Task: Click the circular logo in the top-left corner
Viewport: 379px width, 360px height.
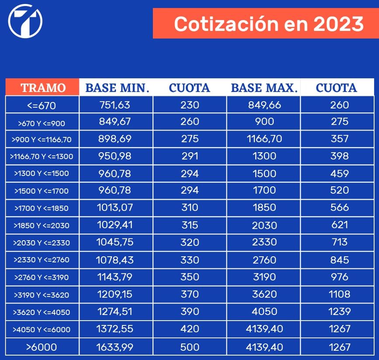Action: tap(25, 21)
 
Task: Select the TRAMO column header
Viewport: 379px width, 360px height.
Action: tap(43, 87)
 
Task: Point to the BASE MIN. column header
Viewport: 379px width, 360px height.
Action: tap(117, 87)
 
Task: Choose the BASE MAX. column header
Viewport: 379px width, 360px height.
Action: tap(264, 87)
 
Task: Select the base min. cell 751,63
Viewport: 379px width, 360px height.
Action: tap(115, 105)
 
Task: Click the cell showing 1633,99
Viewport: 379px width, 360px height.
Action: tap(115, 347)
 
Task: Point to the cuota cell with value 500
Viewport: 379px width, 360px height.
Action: tap(190, 347)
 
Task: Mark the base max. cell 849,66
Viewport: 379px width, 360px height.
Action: tap(264, 105)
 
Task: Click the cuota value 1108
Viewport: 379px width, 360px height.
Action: tap(340, 294)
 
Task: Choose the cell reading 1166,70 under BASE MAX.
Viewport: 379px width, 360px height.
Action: tap(264, 139)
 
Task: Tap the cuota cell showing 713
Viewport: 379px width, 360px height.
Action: tap(340, 242)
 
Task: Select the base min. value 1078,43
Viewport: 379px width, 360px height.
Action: tap(115, 260)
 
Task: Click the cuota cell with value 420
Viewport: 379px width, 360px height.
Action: tap(190, 329)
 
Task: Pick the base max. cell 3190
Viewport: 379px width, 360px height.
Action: tap(264, 277)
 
